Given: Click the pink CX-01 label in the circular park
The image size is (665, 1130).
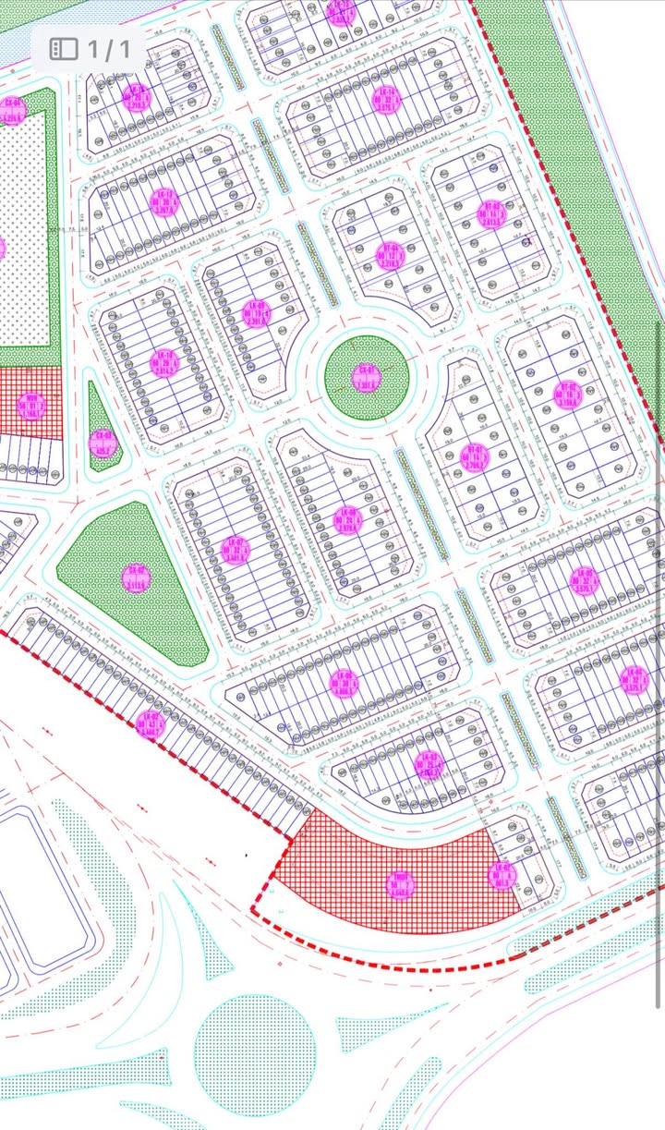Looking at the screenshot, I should pyautogui.click(x=369, y=377).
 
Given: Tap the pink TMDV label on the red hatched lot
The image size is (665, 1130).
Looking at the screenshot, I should pyautogui.click(x=402, y=884).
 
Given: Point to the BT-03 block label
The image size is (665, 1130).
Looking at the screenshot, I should pyautogui.click(x=389, y=253).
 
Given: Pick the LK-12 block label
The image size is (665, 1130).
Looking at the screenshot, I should pyautogui.click(x=166, y=200).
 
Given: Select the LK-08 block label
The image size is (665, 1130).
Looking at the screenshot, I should pyautogui.click(x=347, y=519).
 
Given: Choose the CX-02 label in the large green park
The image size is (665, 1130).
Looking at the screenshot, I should pyautogui.click(x=136, y=578).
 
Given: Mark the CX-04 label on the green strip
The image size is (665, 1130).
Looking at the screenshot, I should pyautogui.click(x=12, y=110).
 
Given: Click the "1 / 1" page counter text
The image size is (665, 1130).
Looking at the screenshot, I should pyautogui.click(x=109, y=48).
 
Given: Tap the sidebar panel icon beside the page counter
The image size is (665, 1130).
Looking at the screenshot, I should pyautogui.click(x=63, y=48).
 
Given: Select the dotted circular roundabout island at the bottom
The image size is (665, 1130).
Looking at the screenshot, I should pyautogui.click(x=255, y=1056).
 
